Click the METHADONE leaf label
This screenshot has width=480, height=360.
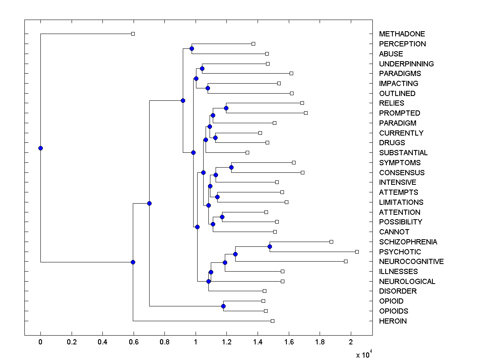coord(402,34)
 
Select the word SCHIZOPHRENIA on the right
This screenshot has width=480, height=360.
coord(408,242)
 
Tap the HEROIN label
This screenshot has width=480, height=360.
coord(393,321)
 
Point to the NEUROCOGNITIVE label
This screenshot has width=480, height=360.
coord(411,262)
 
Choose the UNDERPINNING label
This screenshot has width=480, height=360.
coord(406,64)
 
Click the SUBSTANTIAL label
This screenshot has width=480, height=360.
coord(403,153)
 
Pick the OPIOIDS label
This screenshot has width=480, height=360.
coord(394,311)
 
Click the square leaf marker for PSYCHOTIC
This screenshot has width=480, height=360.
coord(357,252)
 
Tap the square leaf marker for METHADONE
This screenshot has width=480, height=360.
coord(133,34)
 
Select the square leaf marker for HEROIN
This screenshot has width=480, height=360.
coord(272,321)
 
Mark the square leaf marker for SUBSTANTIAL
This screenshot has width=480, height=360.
coord(247,152)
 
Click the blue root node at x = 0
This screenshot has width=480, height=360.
coord(40,148)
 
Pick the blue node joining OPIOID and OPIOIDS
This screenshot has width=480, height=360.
coord(223,306)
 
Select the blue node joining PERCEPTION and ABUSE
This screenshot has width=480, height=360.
coord(192,48)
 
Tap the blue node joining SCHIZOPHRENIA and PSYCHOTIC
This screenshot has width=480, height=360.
coord(270,247)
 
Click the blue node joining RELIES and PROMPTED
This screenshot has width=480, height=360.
coord(226,108)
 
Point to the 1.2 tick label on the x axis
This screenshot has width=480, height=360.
coord(227,342)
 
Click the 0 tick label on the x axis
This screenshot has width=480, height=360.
coord(40,342)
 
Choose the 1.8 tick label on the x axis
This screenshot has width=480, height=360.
coord(320,342)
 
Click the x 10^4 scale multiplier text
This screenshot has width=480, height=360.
coord(364,354)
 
